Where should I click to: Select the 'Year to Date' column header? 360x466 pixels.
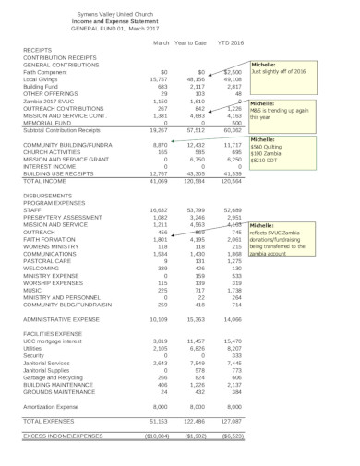pyautogui.click(x=201, y=43)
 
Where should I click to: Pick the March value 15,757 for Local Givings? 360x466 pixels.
pyautogui.click(x=161, y=80)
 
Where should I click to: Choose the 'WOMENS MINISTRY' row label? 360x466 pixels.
pyautogui.click(x=52, y=246)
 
